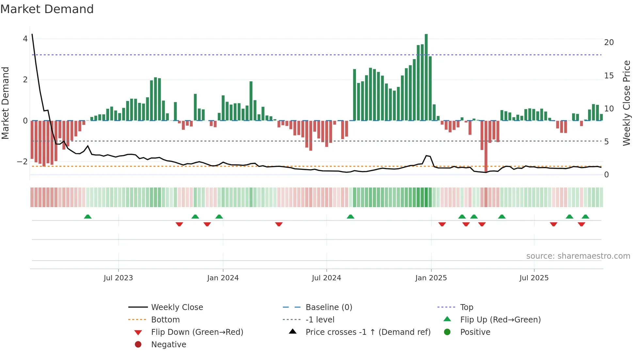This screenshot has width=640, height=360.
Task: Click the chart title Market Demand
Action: pyautogui.click(x=47, y=9)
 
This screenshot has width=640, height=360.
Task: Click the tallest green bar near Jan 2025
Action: pyautogui.click(x=426, y=77)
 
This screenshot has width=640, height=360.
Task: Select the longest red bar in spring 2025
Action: pyautogui.click(x=486, y=146)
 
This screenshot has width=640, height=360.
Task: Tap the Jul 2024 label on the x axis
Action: pyautogui.click(x=326, y=278)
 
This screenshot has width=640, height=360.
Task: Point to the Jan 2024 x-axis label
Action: pyautogui.click(x=223, y=278)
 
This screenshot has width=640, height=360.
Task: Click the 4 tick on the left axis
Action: pyautogui.click(x=25, y=39)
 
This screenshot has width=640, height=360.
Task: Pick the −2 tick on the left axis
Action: pyautogui.click(x=23, y=162)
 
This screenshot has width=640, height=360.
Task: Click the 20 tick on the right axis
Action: pyautogui.click(x=609, y=42)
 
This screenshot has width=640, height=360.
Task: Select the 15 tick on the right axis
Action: pyautogui.click(x=609, y=76)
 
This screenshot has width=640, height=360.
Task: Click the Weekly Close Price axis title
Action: pyautogui.click(x=626, y=103)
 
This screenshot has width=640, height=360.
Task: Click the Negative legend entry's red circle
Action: pyautogui.click(x=138, y=345)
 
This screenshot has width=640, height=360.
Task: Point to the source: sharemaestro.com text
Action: pyautogui.click(x=578, y=256)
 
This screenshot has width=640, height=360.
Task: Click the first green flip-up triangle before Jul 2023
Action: pyautogui.click(x=88, y=217)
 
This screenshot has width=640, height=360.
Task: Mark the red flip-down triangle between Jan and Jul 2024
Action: pyautogui.click(x=279, y=224)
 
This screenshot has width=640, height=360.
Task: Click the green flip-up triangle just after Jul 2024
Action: pyautogui.click(x=350, y=217)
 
